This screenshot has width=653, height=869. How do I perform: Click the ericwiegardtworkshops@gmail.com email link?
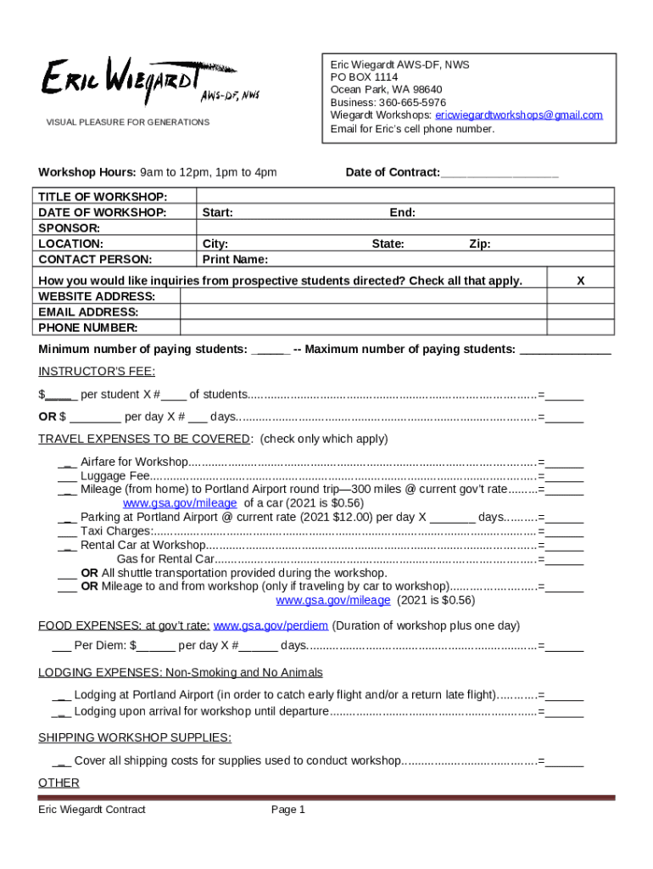pos(518,115)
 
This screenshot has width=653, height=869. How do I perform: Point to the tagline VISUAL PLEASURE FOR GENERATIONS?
pos(127,122)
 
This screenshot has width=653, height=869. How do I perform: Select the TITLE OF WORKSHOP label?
pos(102,197)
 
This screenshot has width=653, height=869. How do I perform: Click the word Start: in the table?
pos(218,213)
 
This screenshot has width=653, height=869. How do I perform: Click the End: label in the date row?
pos(402,213)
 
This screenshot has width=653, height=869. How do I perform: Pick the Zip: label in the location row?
pos(480,244)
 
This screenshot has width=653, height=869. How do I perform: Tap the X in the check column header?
pos(580,281)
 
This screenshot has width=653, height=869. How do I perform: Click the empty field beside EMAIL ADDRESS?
pos(363,312)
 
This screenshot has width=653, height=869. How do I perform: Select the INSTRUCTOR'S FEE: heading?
pos(97,372)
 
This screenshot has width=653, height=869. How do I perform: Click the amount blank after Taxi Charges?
pos(565,531)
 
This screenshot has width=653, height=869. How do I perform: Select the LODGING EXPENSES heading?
pos(180,673)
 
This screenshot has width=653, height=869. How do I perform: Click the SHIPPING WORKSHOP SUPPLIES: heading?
pos(134,737)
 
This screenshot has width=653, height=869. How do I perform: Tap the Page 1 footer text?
pos(287,810)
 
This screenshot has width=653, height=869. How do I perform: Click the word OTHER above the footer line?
pos(59,782)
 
